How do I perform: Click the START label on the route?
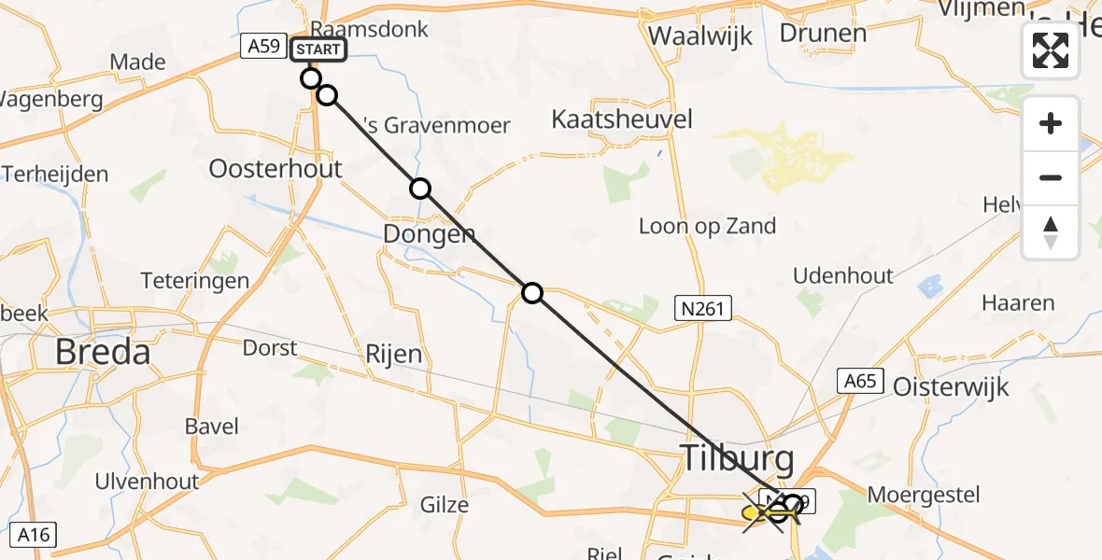coord(318,49)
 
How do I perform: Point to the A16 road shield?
coord(34,535)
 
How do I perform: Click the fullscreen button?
coord(1051,50)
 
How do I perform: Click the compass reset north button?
coord(1051,232)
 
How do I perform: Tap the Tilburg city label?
coord(737,458)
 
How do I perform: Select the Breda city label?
coord(103,352)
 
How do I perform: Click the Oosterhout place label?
coord(275,169)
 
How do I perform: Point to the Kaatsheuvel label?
coord(622,119)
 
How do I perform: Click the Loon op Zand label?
coord(707,226)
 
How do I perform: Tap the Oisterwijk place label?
coord(952,386)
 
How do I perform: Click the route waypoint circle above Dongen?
coord(420,189)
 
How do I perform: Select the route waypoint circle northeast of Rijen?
coord(531,293)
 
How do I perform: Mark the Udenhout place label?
coord(842,275)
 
